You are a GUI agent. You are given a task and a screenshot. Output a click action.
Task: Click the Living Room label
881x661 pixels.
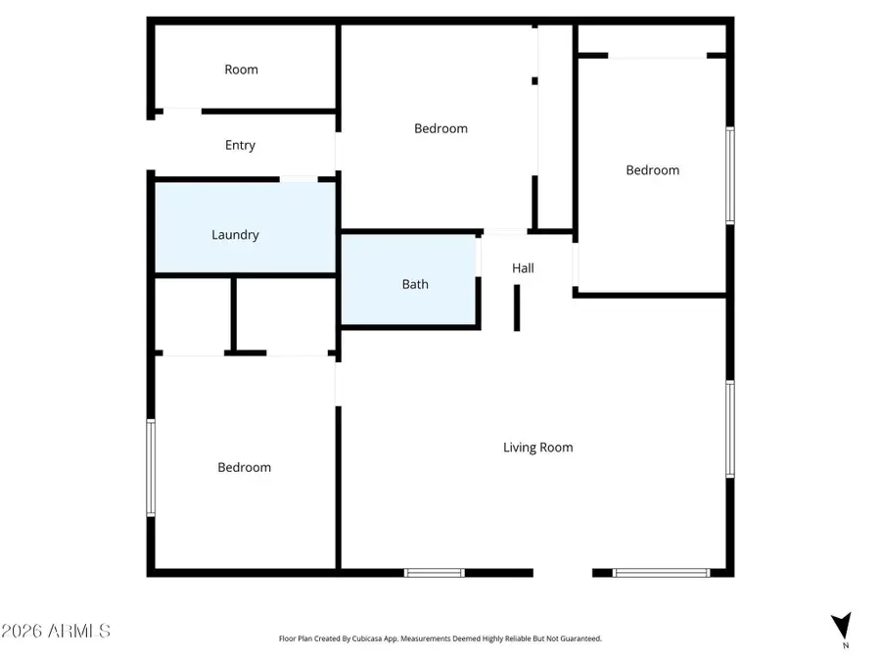click(537, 448)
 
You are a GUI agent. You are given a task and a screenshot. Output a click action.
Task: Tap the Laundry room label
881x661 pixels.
click(235, 235)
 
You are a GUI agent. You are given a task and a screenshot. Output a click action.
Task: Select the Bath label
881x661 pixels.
click(415, 285)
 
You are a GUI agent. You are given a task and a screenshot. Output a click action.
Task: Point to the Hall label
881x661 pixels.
click(523, 268)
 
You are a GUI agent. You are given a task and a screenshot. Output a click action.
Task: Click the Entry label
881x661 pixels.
click(240, 145)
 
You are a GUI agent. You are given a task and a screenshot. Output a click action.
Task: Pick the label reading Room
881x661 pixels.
click(241, 70)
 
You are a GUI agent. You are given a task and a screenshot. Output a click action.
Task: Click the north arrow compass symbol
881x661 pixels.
click(840, 625)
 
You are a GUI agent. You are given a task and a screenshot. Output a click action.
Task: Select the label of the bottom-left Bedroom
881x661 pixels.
click(244, 467)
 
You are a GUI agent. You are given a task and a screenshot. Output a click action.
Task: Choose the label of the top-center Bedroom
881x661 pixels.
click(440, 128)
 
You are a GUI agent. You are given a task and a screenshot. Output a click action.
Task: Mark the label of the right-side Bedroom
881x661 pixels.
click(652, 170)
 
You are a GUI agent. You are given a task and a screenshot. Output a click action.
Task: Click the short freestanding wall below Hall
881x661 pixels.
click(517, 310)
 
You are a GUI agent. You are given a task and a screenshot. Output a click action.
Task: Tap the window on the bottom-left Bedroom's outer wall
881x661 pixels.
click(151, 467)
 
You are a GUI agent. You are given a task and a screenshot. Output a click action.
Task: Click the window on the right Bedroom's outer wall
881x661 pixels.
click(730, 174)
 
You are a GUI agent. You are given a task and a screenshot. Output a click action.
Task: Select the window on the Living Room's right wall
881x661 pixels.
click(730, 429)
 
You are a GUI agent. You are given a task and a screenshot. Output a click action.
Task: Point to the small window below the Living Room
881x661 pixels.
click(435, 573)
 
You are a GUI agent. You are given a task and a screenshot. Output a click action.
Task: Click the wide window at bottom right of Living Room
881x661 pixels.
click(661, 573)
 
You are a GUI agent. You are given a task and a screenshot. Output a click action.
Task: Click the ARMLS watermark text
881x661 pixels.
click(56, 630)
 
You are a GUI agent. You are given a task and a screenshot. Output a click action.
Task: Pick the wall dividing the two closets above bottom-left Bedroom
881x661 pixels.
click(235, 313)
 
